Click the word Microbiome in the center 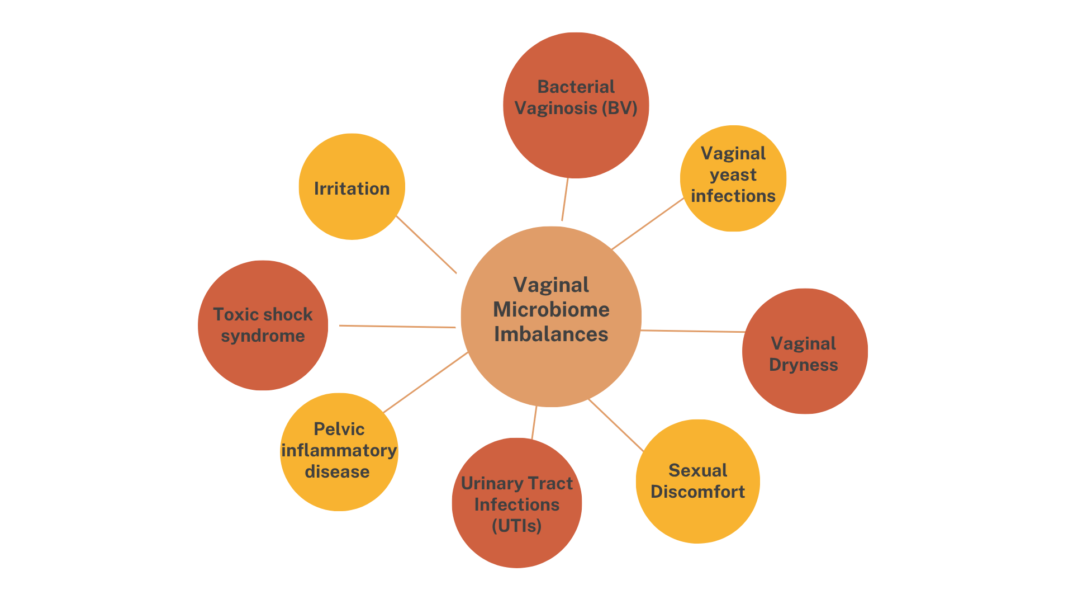551,310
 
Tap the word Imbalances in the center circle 551,334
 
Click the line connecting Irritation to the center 426,244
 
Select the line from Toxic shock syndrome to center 397,327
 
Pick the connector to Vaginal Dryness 693,331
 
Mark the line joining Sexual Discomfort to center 616,425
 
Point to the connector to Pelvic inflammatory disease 425,383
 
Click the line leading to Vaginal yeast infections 648,224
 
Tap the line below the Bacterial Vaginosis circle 565,199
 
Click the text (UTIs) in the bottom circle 517,526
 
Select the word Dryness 804,365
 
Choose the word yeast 733,175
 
